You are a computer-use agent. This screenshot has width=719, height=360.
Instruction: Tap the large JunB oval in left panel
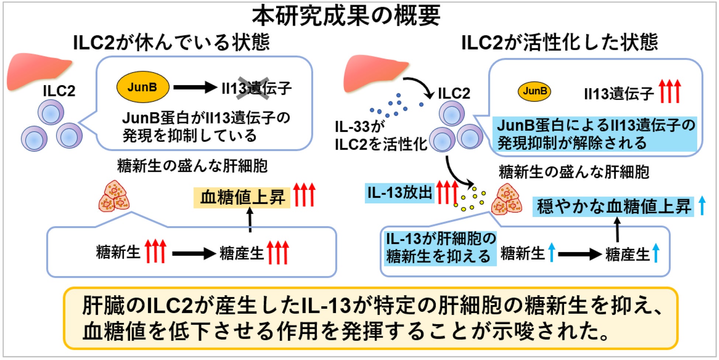pyautogui.click(x=143, y=87)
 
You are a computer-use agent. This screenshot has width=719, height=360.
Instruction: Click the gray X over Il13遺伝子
pyautogui.click(x=253, y=88)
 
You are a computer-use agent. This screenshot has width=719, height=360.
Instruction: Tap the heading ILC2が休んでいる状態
pyautogui.click(x=171, y=42)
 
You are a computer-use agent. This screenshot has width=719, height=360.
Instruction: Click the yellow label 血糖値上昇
pyautogui.click(x=242, y=198)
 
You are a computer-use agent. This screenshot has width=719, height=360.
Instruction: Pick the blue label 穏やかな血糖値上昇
pyautogui.click(x=614, y=206)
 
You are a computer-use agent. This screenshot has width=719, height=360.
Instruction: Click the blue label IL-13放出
pyautogui.click(x=399, y=193)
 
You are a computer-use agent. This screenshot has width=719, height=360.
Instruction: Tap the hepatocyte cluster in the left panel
pyautogui.click(x=114, y=196)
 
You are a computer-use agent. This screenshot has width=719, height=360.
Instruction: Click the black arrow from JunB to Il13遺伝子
pyautogui.click(x=195, y=87)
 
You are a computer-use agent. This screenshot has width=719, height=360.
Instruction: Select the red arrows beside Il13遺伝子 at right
pyautogui.click(x=669, y=91)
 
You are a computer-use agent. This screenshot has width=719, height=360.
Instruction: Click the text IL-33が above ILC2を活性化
pyautogui.click(x=359, y=126)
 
